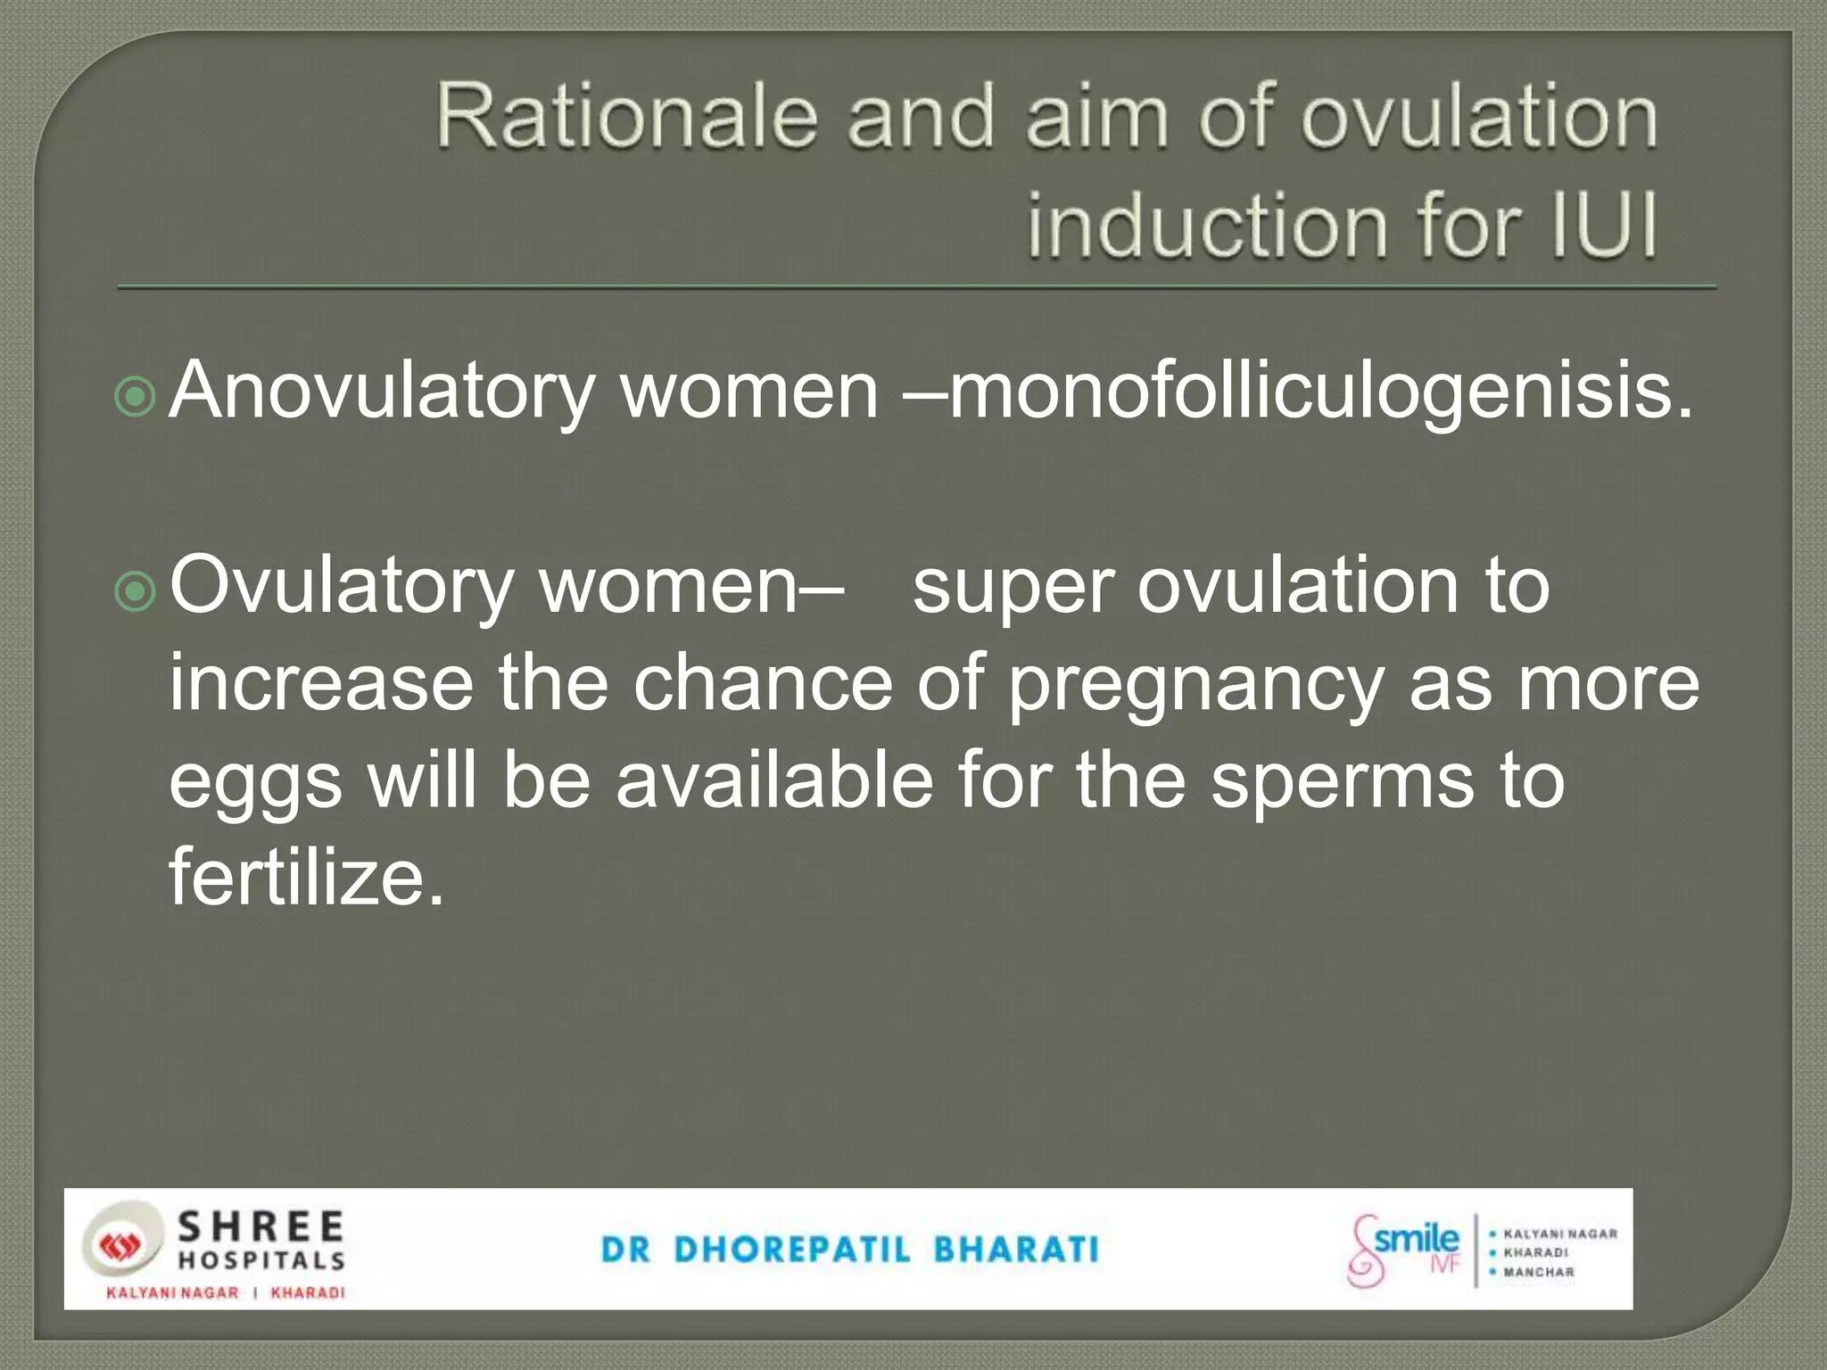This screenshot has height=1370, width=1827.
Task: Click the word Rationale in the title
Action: point(626,117)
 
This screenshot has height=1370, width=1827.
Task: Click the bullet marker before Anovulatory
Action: point(136,398)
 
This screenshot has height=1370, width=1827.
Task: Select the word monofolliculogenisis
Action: point(1320,392)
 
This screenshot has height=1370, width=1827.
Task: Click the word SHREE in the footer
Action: point(260,1227)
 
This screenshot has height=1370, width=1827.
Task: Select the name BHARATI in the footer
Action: point(1016,1250)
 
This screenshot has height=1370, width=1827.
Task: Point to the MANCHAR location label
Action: point(1538,1273)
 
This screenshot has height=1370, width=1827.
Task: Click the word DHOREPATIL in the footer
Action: point(792,1250)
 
